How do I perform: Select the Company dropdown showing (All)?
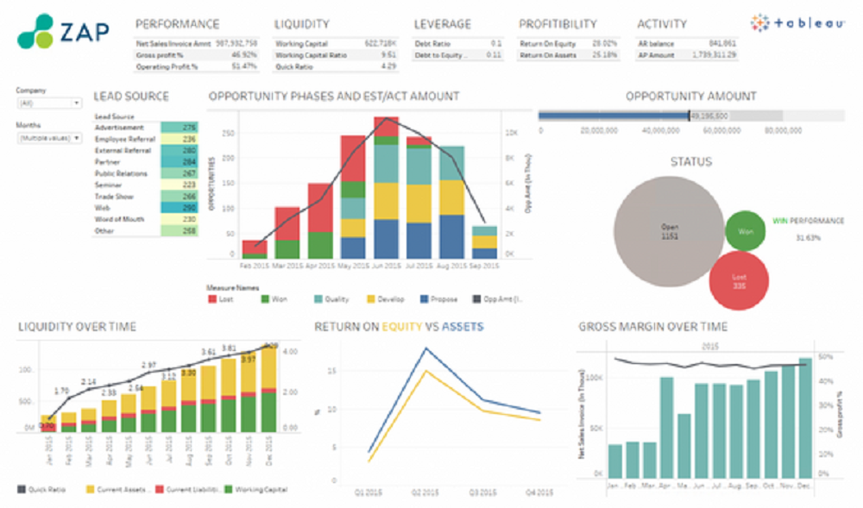pyautogui.click(x=49, y=103)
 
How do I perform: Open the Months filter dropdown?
pyautogui.click(x=49, y=137)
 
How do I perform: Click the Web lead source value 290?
pyautogui.click(x=189, y=207)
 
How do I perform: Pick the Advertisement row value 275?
pyautogui.click(x=189, y=128)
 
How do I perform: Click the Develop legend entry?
pyautogui.click(x=385, y=299)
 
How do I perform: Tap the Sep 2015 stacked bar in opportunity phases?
pyautogui.click(x=484, y=242)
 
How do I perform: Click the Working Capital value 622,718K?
pyautogui.click(x=379, y=42)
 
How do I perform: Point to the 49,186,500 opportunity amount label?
pyautogui.click(x=709, y=116)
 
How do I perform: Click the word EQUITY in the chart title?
pyautogui.click(x=402, y=327)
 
